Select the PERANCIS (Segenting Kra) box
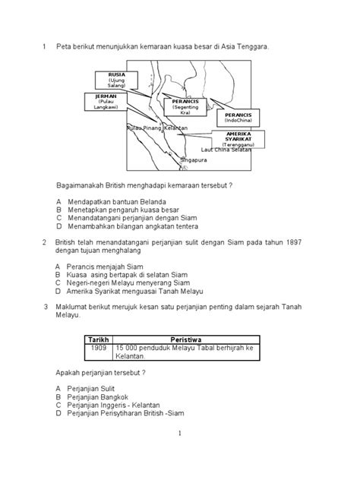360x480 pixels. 185,109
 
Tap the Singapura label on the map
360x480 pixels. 194,160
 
